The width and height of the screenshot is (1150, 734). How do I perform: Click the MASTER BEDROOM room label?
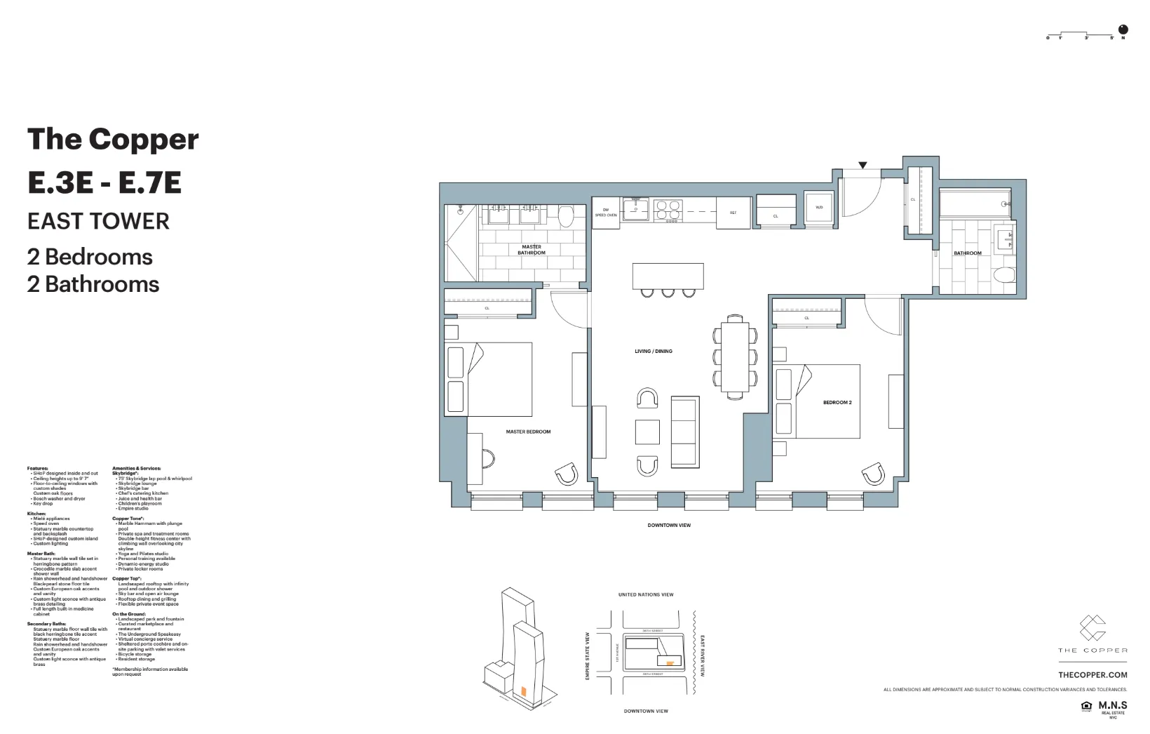pos(528,432)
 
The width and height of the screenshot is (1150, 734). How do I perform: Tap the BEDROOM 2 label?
pos(837,403)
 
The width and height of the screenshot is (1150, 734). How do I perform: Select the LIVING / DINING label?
pos(653,351)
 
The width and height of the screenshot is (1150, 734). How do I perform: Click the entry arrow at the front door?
pos(863,166)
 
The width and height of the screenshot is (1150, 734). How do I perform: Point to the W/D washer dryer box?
pos(819,208)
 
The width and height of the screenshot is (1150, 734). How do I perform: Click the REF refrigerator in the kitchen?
pos(733,213)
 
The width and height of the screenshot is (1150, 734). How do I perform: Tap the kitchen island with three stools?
pos(668,276)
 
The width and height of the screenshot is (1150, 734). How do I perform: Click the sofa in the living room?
pos(685,432)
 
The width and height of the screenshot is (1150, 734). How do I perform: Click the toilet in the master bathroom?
pos(566,215)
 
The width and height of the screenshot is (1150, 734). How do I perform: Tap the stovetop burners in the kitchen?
pos(668,208)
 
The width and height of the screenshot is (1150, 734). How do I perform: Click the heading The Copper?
pos(113,140)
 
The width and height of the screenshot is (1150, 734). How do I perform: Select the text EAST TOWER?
pos(98,222)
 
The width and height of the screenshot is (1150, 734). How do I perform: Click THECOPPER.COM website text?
pos(1092,675)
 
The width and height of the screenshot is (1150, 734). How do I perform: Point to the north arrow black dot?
pos(1123,29)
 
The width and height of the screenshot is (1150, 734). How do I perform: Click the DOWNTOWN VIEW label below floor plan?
pos(668,526)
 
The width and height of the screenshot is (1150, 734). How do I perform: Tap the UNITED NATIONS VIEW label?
pos(645,594)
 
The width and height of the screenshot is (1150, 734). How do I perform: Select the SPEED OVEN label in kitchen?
pos(606,215)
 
